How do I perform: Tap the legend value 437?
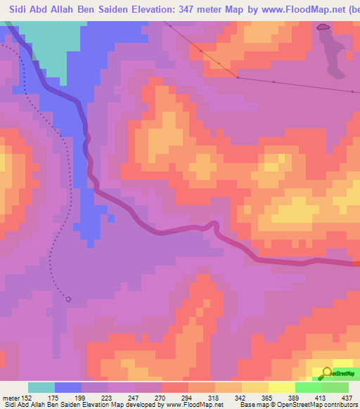click(347, 397)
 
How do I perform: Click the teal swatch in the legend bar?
click(41, 387)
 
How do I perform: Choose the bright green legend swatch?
click(309, 387)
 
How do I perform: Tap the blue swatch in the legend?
click(67, 387)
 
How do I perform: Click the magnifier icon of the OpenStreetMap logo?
click(327, 372)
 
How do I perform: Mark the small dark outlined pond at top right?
click(323, 27)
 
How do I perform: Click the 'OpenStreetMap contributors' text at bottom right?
click(316, 405)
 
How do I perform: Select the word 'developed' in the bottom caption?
click(143, 405)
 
